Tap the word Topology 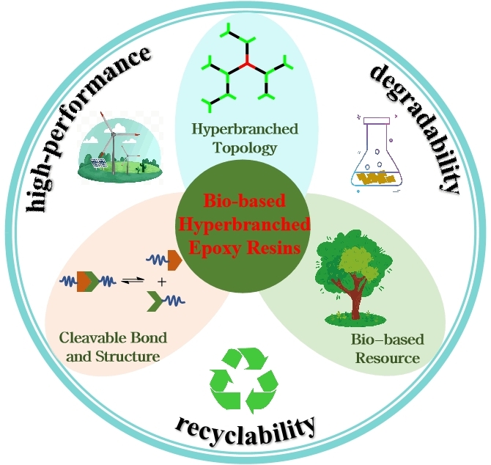point(245,148)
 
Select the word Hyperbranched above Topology point(245,130)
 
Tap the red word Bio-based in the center point(247,202)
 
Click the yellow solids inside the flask point(377,177)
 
